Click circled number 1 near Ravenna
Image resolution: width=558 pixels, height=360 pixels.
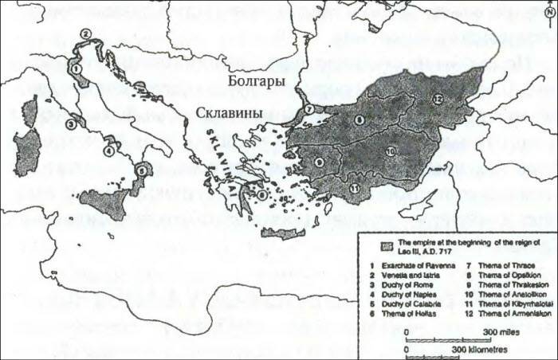pos(76,69)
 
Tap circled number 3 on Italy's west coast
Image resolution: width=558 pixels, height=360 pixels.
pos(71,123)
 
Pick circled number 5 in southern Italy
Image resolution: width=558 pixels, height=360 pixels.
pos(142,169)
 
